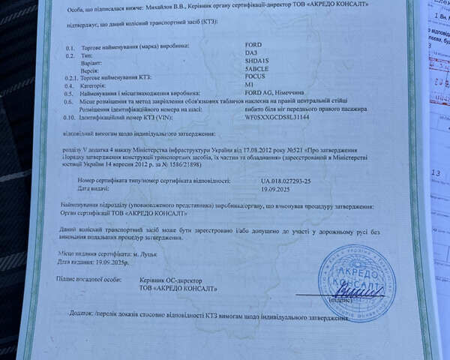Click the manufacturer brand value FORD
tap(253, 45)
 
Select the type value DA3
tap(250, 55)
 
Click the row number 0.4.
tap(69, 88)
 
